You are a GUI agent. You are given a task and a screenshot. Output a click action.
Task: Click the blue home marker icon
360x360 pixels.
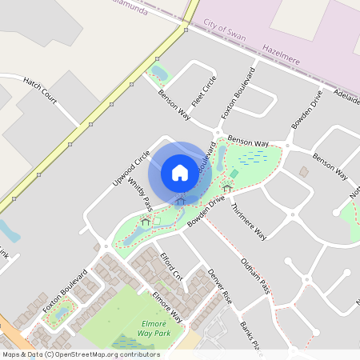click(180, 172)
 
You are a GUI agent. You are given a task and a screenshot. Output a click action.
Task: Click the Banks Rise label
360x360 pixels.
click(253, 337)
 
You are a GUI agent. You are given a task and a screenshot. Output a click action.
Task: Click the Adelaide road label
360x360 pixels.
click(346, 94)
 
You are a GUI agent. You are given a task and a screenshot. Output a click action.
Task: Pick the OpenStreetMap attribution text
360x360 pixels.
click(81, 354)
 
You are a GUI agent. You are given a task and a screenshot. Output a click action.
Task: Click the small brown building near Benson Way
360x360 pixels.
click(304, 171)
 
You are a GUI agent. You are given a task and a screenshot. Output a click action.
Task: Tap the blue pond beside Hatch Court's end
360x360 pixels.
click(10, 231)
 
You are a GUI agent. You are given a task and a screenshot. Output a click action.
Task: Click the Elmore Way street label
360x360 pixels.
click(165, 308)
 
